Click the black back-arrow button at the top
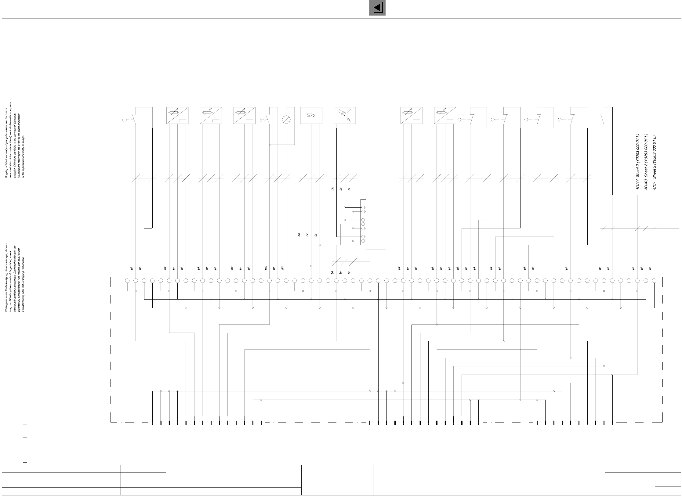(377, 8)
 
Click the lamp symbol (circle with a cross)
(286, 120)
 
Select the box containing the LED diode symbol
(311, 116)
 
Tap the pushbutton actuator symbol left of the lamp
(263, 120)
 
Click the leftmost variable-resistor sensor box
(177, 116)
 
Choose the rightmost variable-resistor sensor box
(445, 116)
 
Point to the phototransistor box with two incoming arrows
(345, 116)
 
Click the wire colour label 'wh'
(266, 268)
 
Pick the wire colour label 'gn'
(283, 268)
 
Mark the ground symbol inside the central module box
(369, 228)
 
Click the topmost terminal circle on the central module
(363, 207)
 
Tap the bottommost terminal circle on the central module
(363, 241)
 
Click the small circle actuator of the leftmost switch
(124, 120)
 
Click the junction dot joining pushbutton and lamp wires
(270, 145)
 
